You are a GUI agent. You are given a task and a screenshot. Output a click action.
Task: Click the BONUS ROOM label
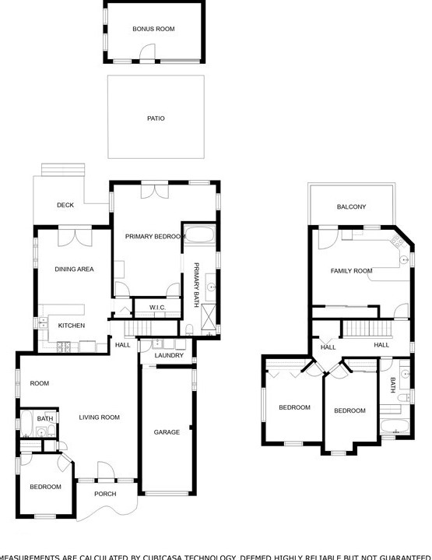(153, 29)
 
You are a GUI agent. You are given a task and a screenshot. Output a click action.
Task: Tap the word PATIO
(156, 118)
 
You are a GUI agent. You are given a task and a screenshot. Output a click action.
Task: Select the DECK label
(65, 206)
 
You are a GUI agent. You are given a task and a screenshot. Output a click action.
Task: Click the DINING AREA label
(74, 269)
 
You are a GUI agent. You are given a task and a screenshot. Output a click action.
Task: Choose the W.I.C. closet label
(158, 308)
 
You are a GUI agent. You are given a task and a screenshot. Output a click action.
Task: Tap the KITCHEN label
(72, 326)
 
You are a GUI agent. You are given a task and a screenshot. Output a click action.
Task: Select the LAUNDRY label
(169, 356)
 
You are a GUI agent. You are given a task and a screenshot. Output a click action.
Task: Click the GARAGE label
(167, 432)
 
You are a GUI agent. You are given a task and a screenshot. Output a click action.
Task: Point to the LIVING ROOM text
(100, 417)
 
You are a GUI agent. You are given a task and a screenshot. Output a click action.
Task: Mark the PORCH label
(105, 494)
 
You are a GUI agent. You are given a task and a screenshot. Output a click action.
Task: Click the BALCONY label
(351, 206)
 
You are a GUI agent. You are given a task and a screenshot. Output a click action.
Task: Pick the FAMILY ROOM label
(352, 271)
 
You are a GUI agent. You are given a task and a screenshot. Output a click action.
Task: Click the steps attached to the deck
(62, 170)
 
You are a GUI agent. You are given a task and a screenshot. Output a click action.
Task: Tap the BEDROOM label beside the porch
(45, 487)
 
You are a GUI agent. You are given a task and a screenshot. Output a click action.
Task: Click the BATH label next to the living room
(45, 418)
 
